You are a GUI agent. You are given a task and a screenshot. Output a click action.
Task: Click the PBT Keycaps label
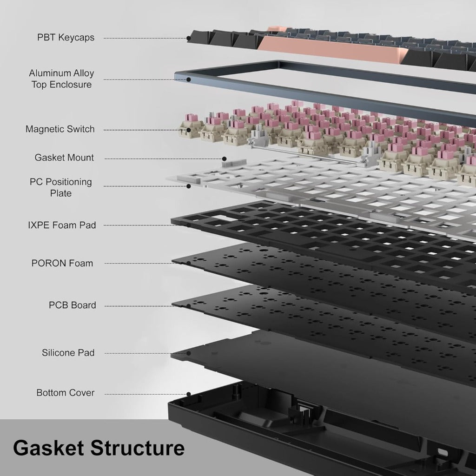[66, 38]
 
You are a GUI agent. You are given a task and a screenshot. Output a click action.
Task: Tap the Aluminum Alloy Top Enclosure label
[61, 79]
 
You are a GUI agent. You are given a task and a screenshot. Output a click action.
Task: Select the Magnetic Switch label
[60, 129]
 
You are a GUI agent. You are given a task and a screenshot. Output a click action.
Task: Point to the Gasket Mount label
[64, 158]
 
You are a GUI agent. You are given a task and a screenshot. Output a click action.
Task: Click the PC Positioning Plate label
[61, 187]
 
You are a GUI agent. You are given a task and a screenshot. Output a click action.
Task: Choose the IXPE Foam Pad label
[62, 225]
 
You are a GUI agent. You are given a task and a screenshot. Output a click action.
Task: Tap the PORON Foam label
[62, 263]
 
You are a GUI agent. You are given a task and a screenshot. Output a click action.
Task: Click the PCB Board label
[73, 305]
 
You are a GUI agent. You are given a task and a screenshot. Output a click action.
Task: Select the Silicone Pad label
[68, 353]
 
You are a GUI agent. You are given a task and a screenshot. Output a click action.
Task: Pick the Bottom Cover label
[66, 393]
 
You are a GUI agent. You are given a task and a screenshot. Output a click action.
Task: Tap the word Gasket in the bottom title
[48, 448]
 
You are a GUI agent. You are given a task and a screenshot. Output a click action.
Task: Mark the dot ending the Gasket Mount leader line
[224, 159]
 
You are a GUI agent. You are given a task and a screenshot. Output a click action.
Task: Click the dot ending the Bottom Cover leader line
[189, 394]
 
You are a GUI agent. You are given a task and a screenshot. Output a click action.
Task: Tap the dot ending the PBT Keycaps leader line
[189, 38]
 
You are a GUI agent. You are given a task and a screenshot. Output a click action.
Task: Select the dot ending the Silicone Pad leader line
[189, 353]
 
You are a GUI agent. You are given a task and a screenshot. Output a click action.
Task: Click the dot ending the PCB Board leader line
[189, 306]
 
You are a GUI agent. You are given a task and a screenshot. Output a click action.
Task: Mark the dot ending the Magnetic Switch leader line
[189, 130]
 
